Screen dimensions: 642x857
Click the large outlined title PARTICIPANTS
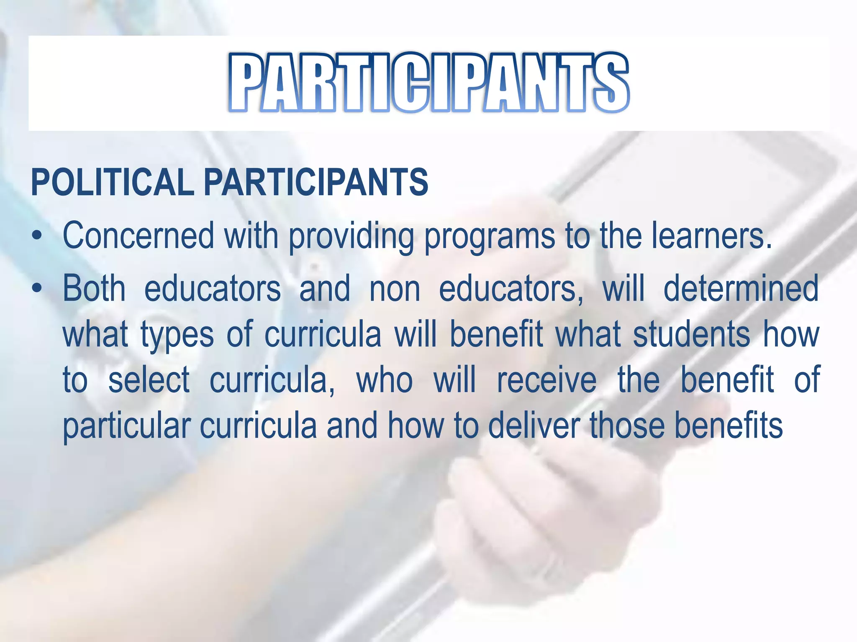(428, 83)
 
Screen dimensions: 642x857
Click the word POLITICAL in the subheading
(112, 182)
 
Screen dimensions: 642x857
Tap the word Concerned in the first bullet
(138, 236)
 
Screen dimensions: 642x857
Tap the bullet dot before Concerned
(38, 237)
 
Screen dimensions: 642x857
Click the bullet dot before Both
(38, 288)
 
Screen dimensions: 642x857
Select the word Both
(94, 288)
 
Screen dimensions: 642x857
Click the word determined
(741, 288)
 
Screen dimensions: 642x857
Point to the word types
(177, 335)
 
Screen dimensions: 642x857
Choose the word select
(149, 380)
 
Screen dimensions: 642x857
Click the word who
(384, 380)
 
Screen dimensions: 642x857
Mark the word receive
(547, 380)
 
